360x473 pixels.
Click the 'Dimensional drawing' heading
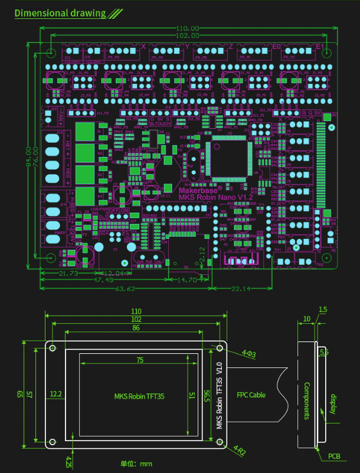tap(60, 13)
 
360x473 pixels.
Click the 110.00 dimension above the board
tap(188, 28)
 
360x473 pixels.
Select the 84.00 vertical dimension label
tap(28, 156)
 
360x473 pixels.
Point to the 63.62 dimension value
tap(123, 288)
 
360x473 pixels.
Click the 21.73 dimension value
tap(70, 274)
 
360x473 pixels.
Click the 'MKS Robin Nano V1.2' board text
tap(215, 197)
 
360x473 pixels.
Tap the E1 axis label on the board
tap(320, 47)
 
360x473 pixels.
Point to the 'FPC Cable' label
tap(251, 395)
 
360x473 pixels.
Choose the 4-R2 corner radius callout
tap(240, 449)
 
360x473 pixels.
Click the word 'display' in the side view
tap(333, 403)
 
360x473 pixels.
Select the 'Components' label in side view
tap(307, 401)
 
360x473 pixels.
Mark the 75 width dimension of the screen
tap(140, 360)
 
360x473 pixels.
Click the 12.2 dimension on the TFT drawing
tap(56, 393)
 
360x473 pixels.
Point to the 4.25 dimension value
tap(69, 459)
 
